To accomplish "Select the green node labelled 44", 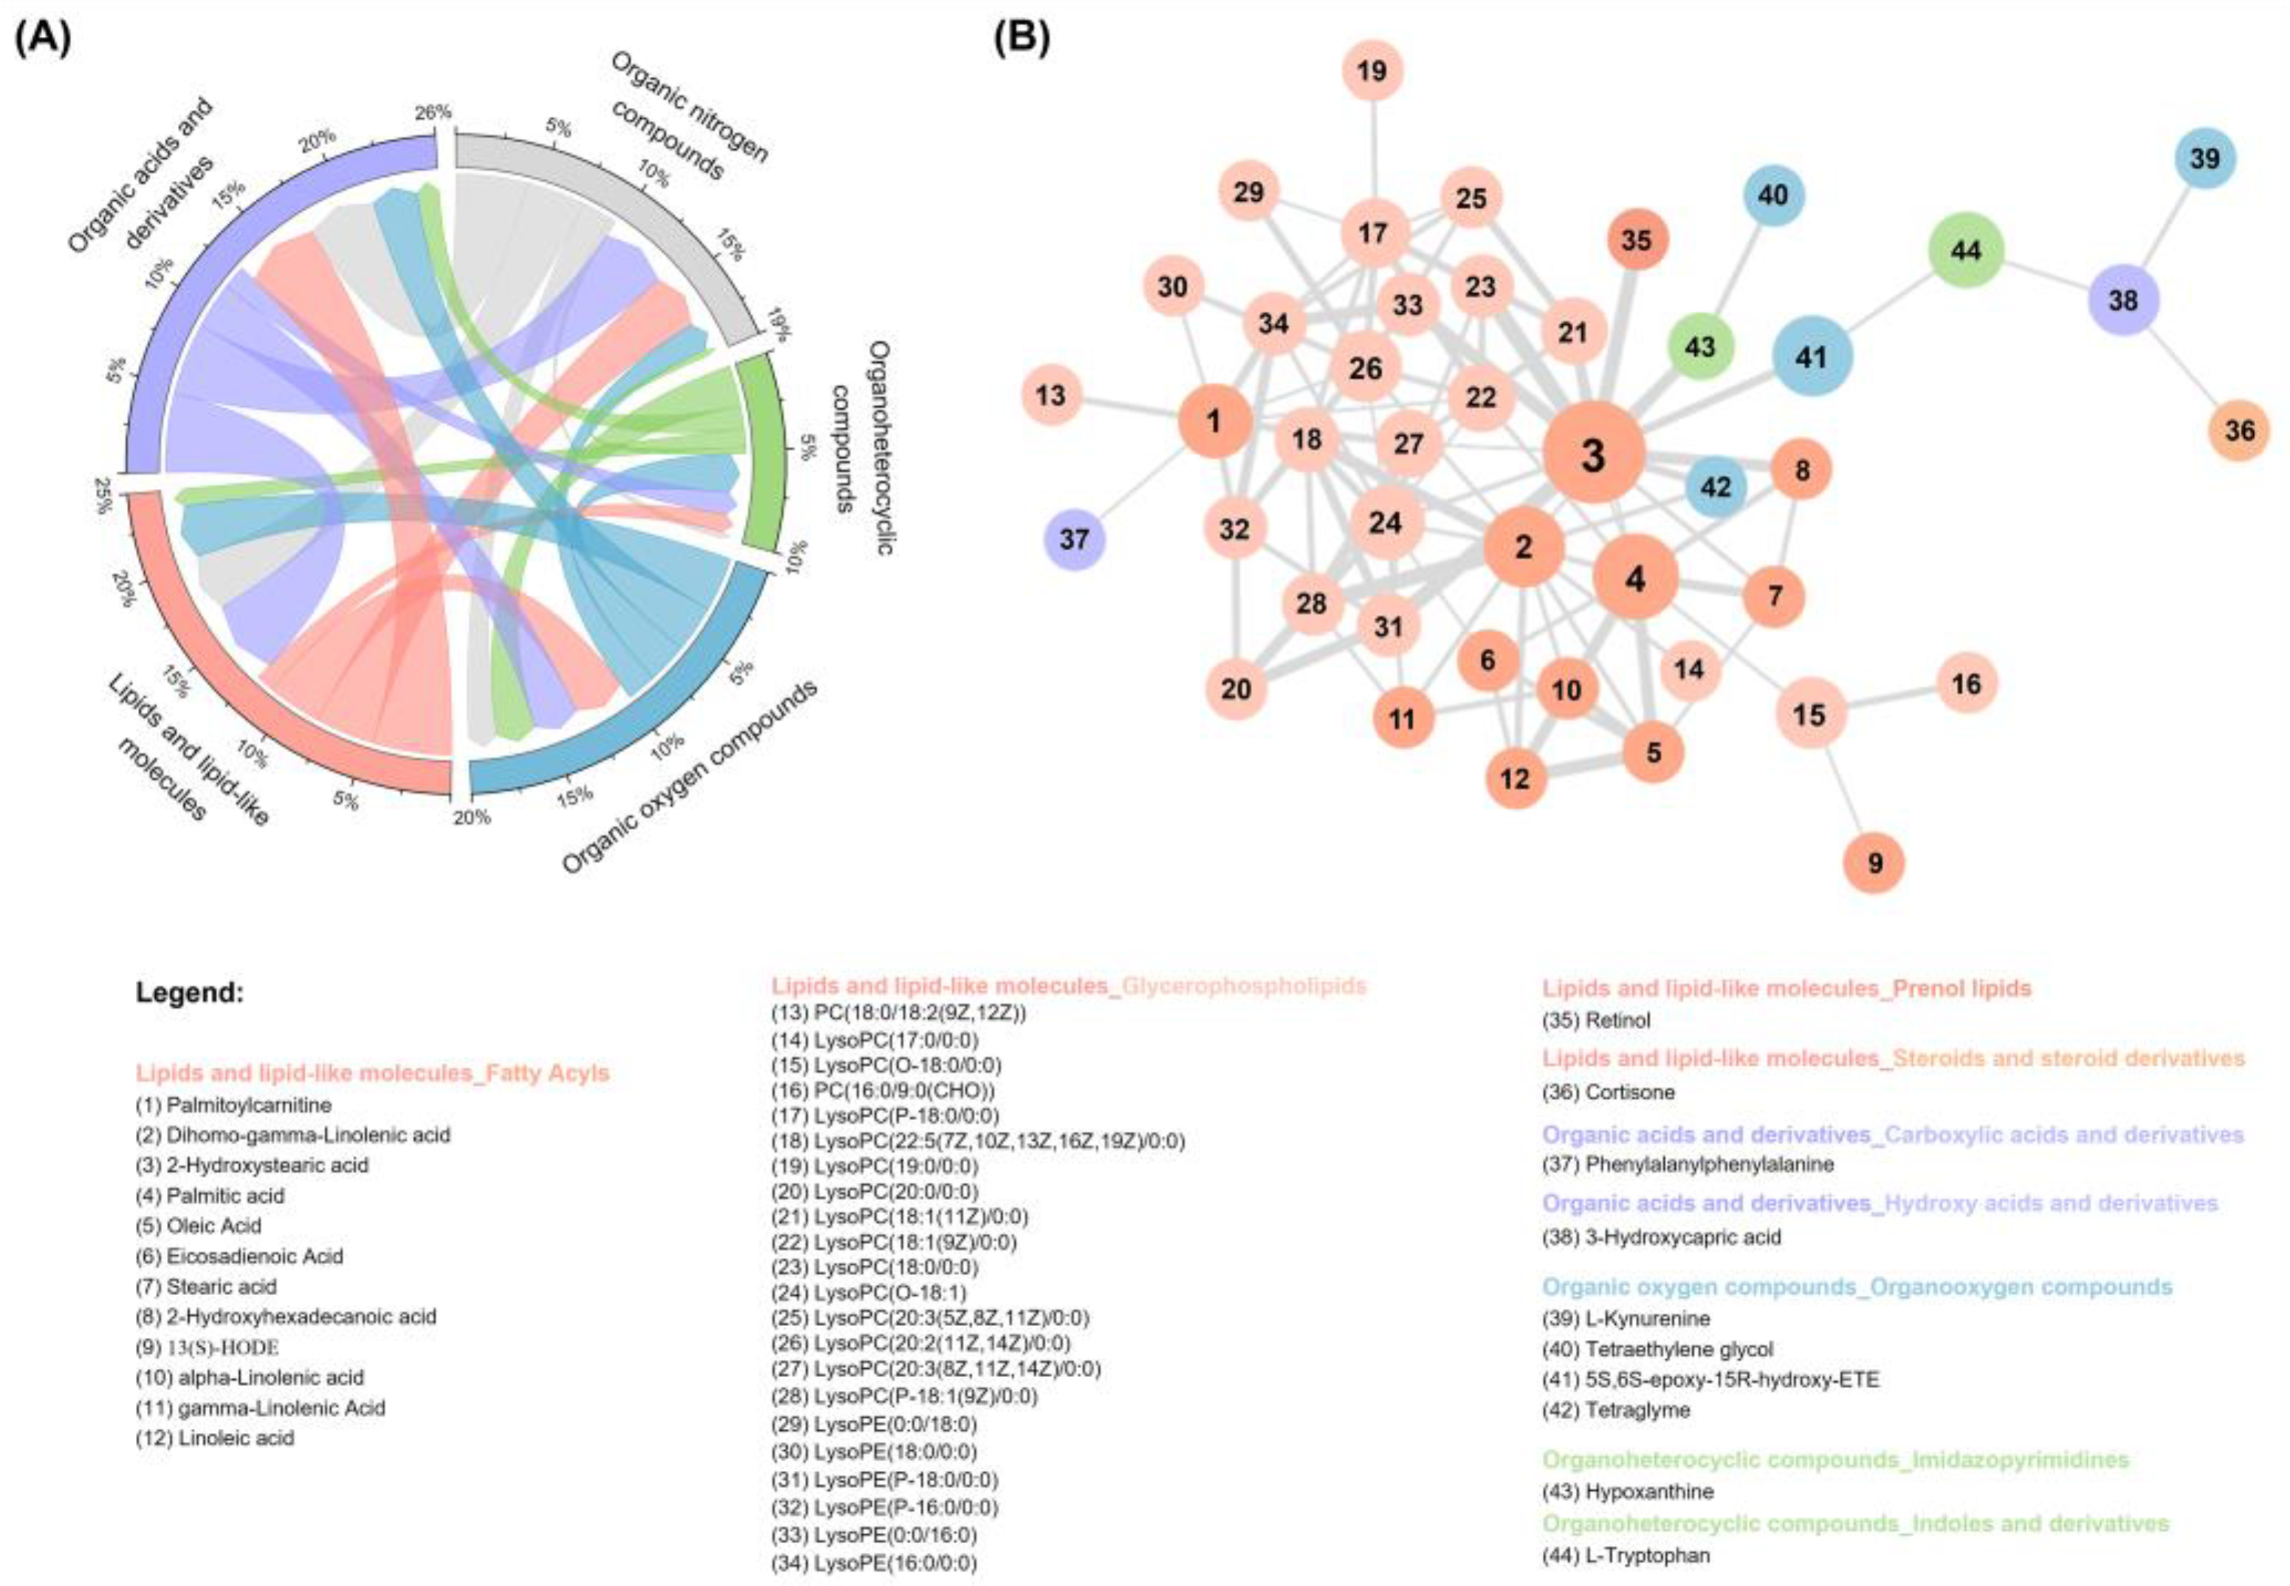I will pos(1965,250).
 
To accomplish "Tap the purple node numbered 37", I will pos(1074,540).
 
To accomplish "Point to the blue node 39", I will pos(2204,158).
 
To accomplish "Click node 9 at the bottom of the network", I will pos(1874,862).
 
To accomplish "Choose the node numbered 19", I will pos(1372,72).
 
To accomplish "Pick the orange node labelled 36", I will pos(2239,430).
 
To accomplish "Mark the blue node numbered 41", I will pos(1812,357).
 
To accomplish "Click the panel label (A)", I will pos(43,40).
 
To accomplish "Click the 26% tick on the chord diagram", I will pos(433,112).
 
